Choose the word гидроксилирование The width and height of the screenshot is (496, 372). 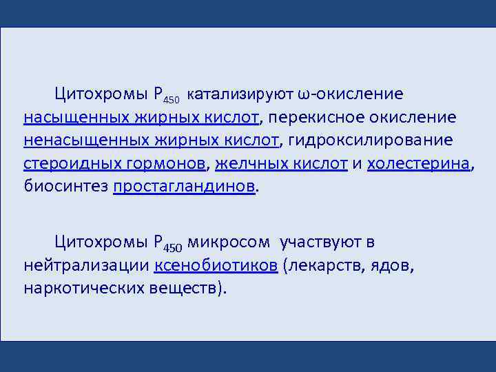coord(371,141)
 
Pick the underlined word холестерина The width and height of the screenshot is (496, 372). coord(419,164)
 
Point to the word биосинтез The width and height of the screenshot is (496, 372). coord(65,187)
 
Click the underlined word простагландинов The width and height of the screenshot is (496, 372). coord(185,187)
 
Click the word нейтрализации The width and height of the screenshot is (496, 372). coord(87,265)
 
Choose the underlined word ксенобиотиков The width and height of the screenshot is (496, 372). coord(216,265)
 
